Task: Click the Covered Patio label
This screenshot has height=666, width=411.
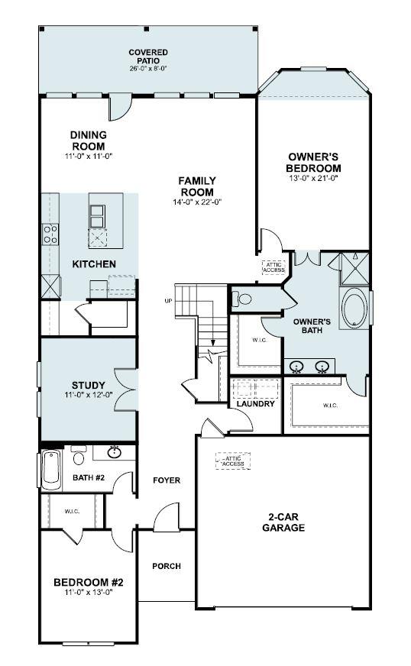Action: pos(148,56)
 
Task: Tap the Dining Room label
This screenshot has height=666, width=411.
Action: pos(89,141)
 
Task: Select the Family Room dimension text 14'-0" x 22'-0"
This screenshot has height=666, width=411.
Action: pos(196,202)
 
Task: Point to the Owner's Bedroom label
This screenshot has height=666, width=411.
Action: pos(313,163)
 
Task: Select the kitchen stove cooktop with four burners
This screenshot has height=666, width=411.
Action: pos(51,234)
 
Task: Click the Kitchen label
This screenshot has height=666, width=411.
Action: pos(94,264)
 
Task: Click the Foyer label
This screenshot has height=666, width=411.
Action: pos(166,480)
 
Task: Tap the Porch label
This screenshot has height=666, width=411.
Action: pos(166,566)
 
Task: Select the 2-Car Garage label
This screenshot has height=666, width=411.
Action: pos(283,522)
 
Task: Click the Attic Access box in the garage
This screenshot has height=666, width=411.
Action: pos(233,461)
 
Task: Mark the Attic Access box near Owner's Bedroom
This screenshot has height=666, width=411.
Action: pos(273,267)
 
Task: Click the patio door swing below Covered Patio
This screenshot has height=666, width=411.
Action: pos(119,108)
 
